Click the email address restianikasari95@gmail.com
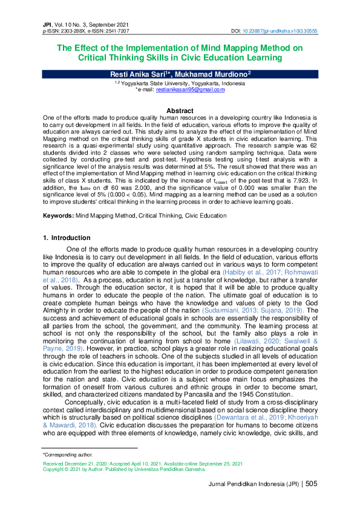pos(190,89)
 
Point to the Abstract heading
pos(180,111)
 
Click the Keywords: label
pos(57,216)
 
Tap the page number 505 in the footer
pos(311,484)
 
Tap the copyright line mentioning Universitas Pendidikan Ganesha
pos(124,468)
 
